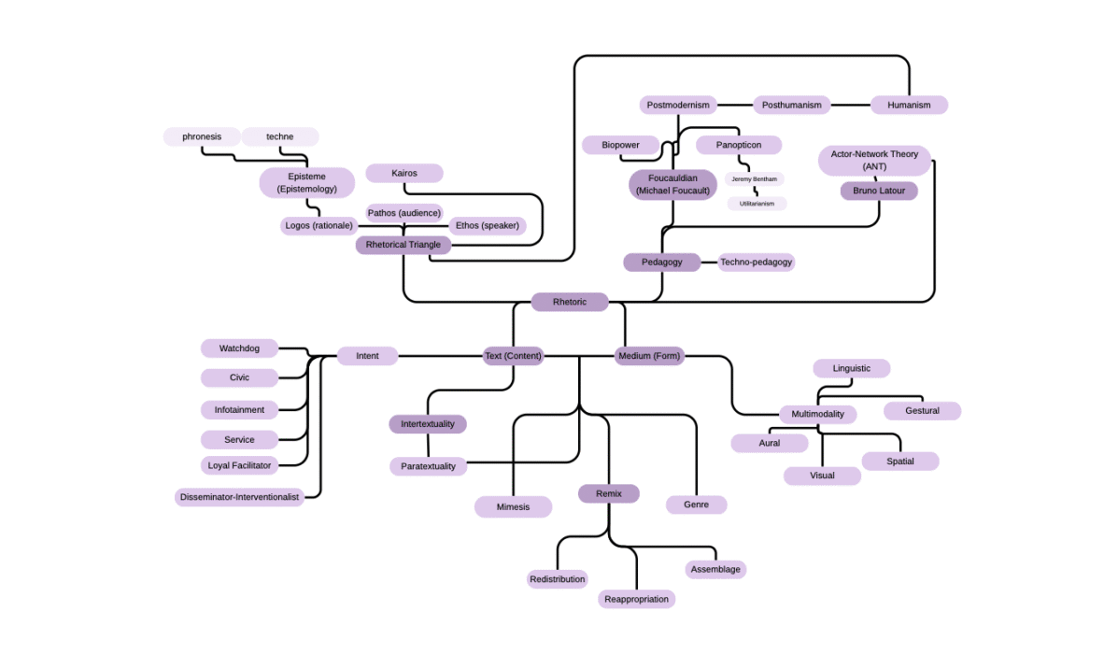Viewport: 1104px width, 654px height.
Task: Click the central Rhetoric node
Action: [570, 302]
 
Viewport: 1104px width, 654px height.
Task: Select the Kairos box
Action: [403, 173]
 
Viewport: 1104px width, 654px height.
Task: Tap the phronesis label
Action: [202, 136]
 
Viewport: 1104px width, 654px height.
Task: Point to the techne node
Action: [279, 136]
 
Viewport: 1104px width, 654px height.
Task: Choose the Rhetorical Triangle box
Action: [403, 245]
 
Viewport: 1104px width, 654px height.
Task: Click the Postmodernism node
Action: [679, 105]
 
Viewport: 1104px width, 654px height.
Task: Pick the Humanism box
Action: [909, 105]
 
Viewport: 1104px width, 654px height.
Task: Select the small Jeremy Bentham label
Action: [754, 178]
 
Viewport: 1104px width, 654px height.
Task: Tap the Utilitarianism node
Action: [757, 203]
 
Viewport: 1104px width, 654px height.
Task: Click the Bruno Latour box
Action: [879, 191]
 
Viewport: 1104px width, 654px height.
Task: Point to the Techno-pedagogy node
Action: [756, 262]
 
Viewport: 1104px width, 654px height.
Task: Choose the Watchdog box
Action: [240, 348]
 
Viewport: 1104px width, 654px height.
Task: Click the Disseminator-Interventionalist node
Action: [240, 497]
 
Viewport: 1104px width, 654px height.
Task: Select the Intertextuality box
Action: [427, 424]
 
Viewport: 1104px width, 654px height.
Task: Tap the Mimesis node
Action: [513, 506]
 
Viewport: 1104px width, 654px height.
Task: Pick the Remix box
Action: [608, 493]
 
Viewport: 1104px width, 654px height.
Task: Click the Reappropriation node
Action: [636, 599]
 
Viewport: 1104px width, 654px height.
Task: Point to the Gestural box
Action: [922, 411]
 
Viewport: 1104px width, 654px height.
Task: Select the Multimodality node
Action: [817, 414]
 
